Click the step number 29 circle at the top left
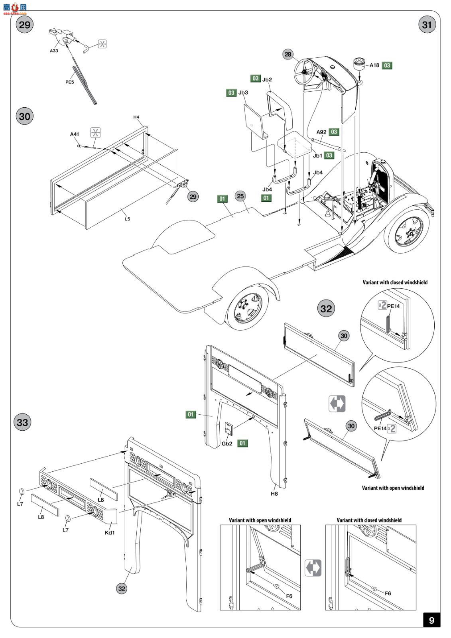click(25, 25)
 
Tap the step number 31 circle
click(427, 25)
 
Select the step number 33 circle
click(22, 422)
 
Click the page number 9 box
click(431, 620)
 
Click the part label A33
click(54, 51)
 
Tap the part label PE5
click(70, 82)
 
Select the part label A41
click(75, 134)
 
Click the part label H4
click(136, 117)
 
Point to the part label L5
click(127, 219)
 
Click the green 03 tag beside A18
click(387, 65)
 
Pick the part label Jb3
click(243, 93)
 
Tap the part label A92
click(321, 132)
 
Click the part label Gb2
click(227, 443)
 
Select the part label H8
click(274, 493)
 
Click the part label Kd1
click(109, 532)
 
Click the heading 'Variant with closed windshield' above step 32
click(395, 282)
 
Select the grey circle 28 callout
click(288, 54)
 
